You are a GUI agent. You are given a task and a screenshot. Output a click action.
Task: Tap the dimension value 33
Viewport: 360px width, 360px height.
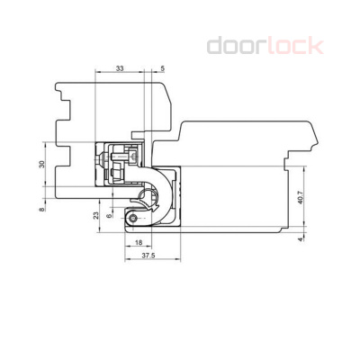tap(121, 68)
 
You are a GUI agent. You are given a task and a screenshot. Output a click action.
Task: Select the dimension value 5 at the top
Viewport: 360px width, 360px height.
tap(162, 68)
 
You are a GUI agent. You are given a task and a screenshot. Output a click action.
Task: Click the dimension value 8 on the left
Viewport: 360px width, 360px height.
tap(41, 209)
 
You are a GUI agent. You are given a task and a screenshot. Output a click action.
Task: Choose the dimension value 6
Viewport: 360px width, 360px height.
tap(110, 217)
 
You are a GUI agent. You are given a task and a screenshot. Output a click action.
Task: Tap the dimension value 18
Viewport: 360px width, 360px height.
tap(138, 243)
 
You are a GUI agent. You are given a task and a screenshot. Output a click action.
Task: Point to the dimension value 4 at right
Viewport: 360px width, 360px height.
tap(300, 240)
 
